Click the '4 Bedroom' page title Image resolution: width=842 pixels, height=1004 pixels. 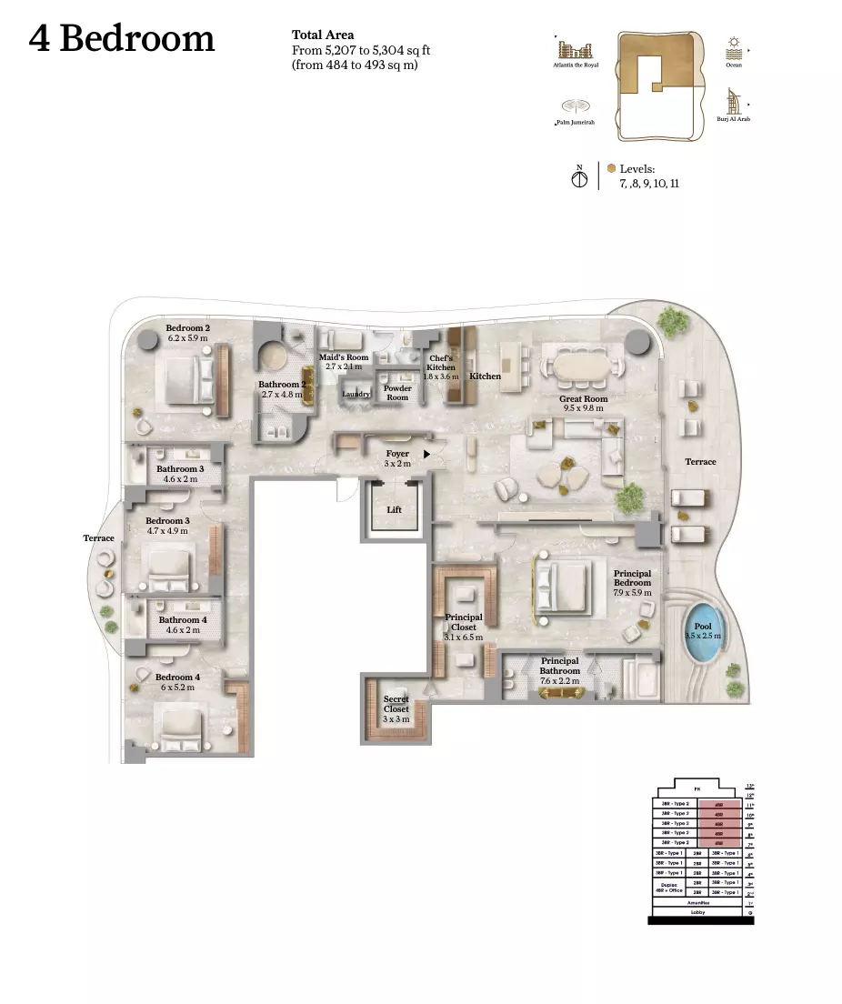coord(122,39)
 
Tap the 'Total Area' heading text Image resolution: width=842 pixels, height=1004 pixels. coord(323,35)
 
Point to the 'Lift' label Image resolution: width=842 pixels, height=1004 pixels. coord(394,510)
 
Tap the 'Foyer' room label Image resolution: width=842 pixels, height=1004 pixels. coord(397,454)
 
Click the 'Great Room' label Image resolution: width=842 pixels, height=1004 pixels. coord(584,399)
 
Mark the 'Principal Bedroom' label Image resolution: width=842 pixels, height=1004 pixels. coord(632,578)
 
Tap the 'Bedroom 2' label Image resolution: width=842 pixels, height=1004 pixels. coord(188,327)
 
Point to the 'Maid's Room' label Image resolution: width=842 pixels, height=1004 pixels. coord(344,357)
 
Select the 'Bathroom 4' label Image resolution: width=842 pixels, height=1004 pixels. coord(183,620)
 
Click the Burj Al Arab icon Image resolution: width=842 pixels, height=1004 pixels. coord(732,102)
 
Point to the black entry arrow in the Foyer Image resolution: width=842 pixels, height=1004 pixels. coord(426,452)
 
